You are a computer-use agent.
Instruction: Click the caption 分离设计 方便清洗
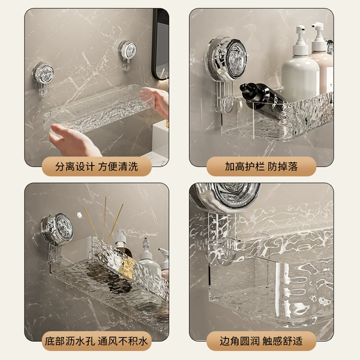97,166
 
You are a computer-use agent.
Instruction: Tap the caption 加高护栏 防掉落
261,166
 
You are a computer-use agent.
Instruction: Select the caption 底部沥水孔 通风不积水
96,341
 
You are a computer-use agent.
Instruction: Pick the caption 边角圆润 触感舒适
261,341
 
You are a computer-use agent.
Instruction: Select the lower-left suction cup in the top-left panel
43,76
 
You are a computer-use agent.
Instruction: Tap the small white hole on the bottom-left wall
80,215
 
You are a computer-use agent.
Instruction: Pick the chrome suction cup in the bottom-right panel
226,196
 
